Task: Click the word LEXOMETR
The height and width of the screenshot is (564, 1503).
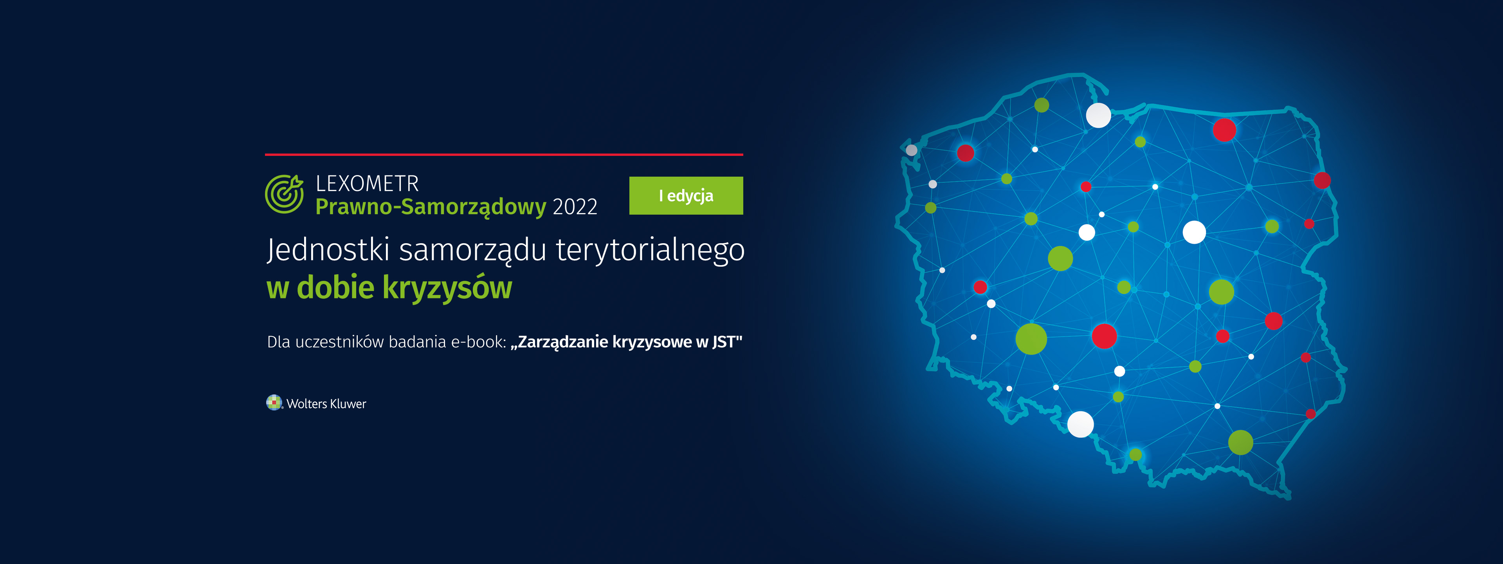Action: click(367, 184)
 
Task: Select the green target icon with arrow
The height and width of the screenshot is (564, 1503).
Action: click(284, 194)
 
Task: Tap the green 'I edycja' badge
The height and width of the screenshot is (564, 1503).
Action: click(686, 195)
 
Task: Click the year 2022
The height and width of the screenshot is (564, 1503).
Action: click(575, 207)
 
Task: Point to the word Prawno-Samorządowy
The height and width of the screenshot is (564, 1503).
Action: click(431, 207)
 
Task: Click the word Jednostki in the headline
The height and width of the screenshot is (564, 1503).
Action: click(328, 249)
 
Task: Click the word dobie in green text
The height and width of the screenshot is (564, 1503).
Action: click(335, 287)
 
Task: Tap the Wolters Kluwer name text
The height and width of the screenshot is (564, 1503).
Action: click(326, 403)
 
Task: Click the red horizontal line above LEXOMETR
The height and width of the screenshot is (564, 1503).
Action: click(504, 155)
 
